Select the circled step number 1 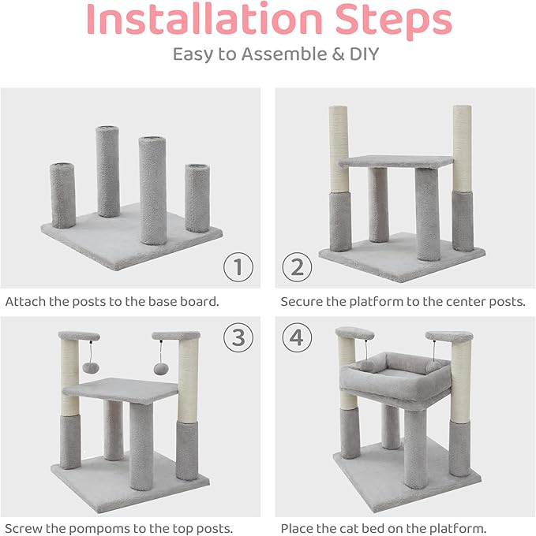pyautogui.click(x=237, y=267)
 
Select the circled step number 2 pyautogui.click(x=297, y=267)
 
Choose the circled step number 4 pyautogui.click(x=297, y=337)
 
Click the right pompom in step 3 pyautogui.click(x=161, y=370)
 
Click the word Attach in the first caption pyautogui.click(x=24, y=301)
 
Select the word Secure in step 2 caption pyautogui.click(x=301, y=301)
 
